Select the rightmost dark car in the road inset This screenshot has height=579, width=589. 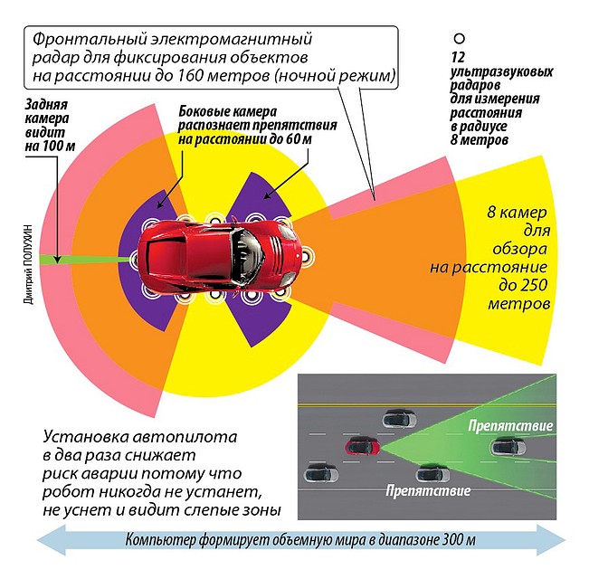[x=508, y=445]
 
